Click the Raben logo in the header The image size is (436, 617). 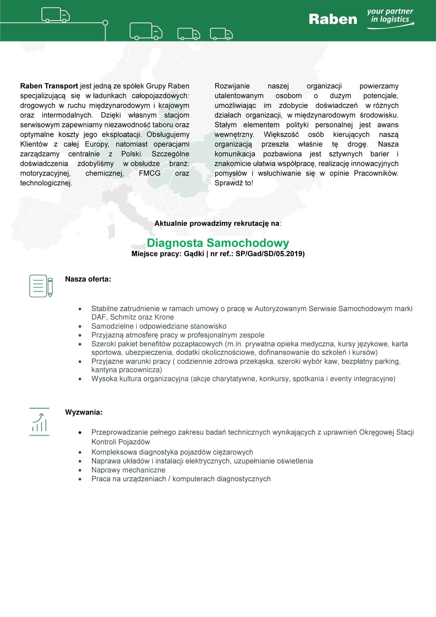click(333, 19)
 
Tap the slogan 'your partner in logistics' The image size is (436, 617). click(390, 16)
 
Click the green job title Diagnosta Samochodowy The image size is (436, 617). click(218, 243)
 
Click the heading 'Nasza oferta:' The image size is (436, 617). click(88, 279)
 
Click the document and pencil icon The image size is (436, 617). click(41, 286)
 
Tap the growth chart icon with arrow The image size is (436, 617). click(39, 422)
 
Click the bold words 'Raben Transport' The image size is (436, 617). click(49, 86)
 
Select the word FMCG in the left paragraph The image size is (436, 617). click(149, 173)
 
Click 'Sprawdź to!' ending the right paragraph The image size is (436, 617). click(234, 183)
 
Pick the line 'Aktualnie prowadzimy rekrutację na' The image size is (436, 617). click(217, 223)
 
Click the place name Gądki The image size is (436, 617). click(194, 254)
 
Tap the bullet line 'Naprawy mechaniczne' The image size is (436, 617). click(128, 470)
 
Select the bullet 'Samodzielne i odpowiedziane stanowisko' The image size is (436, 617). click(159, 326)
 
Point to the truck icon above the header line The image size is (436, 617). click(55, 15)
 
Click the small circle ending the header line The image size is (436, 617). click(105, 23)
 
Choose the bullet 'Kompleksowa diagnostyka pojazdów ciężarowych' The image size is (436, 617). click(172, 452)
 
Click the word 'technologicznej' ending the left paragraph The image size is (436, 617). click(46, 183)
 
